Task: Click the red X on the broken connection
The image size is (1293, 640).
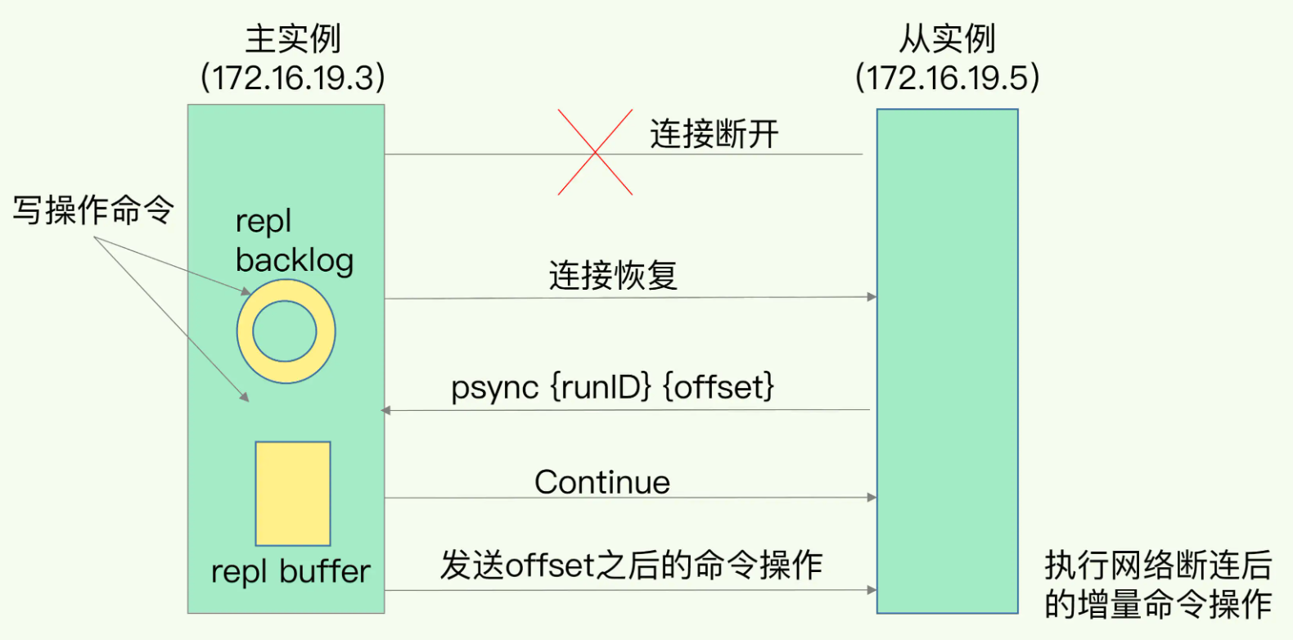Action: pos(595,152)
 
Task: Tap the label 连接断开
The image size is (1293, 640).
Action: pos(714,134)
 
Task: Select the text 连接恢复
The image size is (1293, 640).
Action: pos(613,275)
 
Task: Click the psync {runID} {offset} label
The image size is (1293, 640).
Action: pos(612,386)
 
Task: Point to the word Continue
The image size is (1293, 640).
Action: pos(602,482)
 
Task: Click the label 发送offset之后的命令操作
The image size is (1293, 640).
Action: pos(632,565)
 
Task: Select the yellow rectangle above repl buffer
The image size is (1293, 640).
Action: pos(293,494)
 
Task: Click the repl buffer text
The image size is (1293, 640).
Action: pos(291,572)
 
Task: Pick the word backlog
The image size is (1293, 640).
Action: pos(295,260)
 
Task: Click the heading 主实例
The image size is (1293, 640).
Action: pos(293,39)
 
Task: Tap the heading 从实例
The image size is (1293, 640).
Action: pos(947,39)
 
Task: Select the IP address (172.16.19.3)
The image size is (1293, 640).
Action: pos(293,77)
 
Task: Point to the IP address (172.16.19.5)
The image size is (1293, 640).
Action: pos(947,77)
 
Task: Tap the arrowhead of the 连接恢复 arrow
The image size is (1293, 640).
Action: pos(872,296)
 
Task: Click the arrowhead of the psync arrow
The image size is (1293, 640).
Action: pos(385,410)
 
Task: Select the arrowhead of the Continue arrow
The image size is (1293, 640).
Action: pos(872,497)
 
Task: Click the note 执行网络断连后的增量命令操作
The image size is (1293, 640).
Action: pos(1159,584)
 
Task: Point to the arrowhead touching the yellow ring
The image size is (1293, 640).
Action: pos(246,291)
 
